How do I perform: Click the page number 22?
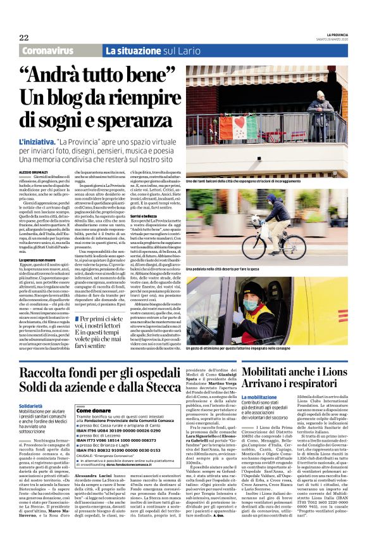[x=24, y=37]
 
